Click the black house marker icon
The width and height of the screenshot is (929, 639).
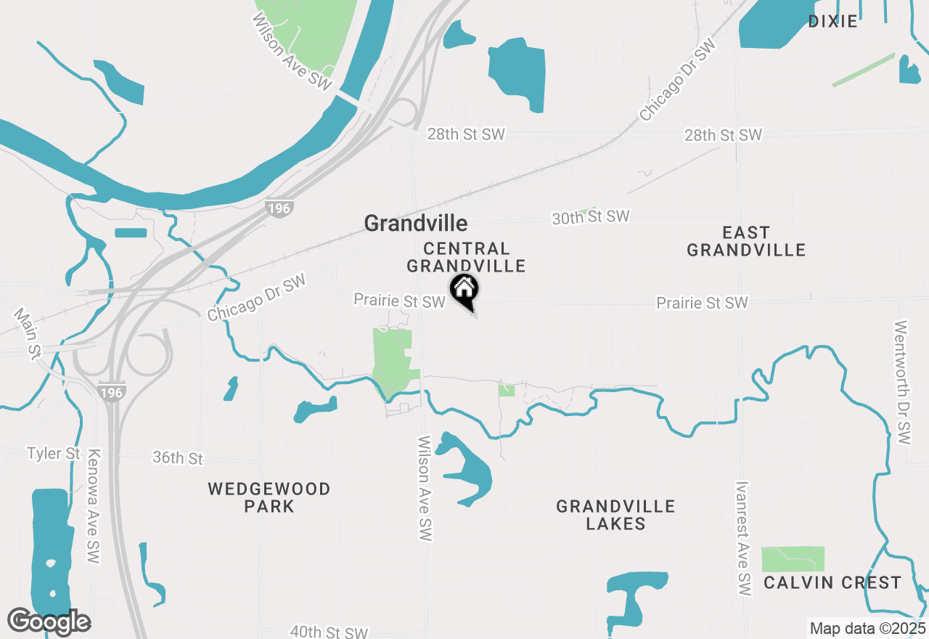coord(464,290)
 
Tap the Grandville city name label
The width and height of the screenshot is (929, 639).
coord(415,223)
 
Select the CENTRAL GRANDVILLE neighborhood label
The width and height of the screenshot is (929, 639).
coord(466,258)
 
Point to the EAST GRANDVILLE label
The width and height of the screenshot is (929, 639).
coord(746,241)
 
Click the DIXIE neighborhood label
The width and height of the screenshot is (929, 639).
coord(832,21)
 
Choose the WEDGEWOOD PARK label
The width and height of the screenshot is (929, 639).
coord(269,497)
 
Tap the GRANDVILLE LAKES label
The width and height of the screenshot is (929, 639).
coord(615,515)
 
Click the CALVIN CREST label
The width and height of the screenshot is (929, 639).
coord(832,582)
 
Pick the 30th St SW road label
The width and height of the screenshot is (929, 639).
coord(591,217)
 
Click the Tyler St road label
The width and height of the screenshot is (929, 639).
coord(54,454)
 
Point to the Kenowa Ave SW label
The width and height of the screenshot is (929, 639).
coord(93,506)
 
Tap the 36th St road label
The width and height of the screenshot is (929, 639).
coord(178,458)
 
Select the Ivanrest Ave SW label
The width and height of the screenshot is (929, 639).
coord(742,538)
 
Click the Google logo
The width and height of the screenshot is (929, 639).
coord(49,622)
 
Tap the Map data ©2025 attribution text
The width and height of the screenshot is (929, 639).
coord(867,628)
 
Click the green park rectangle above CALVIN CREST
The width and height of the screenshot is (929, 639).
coord(793,559)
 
